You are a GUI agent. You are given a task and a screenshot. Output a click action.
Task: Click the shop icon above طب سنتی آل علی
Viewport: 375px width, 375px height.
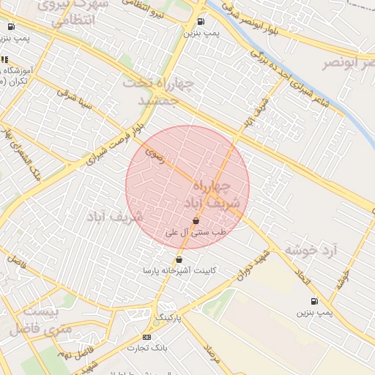pyautogui.click(x=196, y=220)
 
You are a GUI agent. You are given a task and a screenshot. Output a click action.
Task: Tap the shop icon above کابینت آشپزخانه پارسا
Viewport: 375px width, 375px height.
pyautogui.click(x=179, y=259)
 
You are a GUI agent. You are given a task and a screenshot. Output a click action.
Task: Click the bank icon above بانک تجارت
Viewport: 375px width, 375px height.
pyautogui.click(x=146, y=336)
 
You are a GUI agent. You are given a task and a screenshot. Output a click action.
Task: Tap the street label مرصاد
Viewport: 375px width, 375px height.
pyautogui.click(x=212, y=355)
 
